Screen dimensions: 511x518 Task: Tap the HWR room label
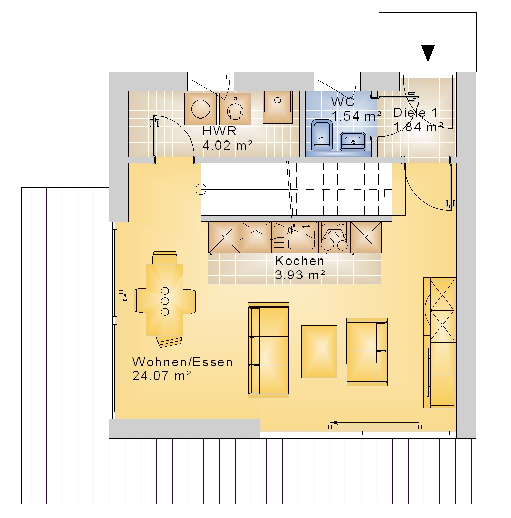point(219,131)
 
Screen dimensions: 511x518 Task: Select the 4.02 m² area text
point(227,146)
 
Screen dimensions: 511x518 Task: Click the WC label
point(343,102)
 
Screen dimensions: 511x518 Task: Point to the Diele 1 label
point(415,113)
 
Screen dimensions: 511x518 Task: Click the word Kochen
point(300,261)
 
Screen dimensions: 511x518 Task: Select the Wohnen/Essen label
point(183,362)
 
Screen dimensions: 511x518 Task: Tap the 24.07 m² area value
point(161,376)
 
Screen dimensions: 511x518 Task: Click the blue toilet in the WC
point(321,133)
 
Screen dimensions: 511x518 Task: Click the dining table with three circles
point(165,300)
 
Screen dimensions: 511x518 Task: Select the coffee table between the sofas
point(319,351)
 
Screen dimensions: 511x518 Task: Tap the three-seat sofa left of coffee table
point(268,350)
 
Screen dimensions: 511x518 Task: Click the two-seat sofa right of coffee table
point(367,352)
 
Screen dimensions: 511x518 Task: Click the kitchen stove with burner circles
point(334,237)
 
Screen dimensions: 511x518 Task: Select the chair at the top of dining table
point(165,257)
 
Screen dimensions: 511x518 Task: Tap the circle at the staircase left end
point(201,190)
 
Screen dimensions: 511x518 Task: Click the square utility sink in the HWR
point(277,107)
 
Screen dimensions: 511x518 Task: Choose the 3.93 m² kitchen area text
point(300,275)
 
